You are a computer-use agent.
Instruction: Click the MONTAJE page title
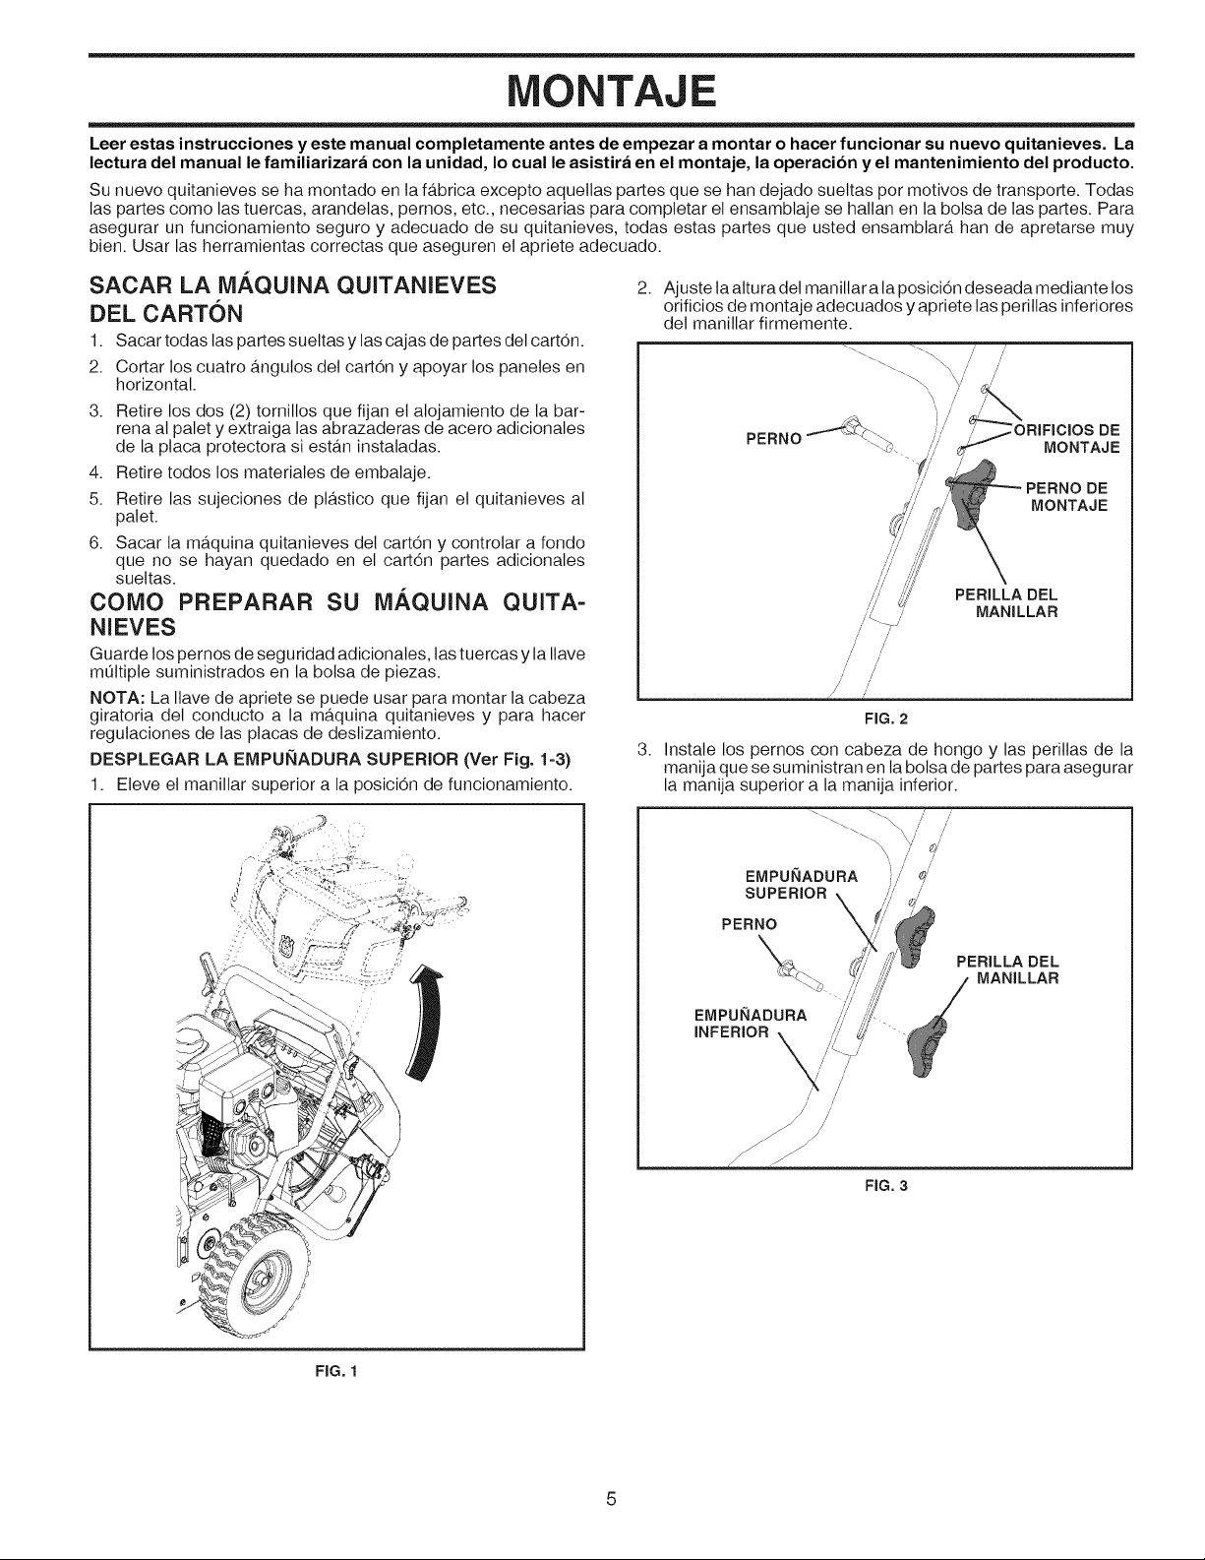pyautogui.click(x=611, y=91)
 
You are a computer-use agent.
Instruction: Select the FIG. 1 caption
pyautogui.click(x=335, y=1372)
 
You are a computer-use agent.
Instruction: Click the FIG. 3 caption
pyautogui.click(x=886, y=1186)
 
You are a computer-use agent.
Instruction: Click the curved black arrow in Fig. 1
pyautogui.click(x=426, y=1020)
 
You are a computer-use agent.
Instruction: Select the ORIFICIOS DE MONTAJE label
pyautogui.click(x=1066, y=439)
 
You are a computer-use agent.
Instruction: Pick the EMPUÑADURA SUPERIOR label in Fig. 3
pyautogui.click(x=801, y=885)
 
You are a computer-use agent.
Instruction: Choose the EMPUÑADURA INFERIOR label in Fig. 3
pyautogui.click(x=751, y=1024)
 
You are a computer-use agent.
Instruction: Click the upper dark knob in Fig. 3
pyautogui.click(x=914, y=935)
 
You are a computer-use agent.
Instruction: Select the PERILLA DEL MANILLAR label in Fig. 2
pyautogui.click(x=1006, y=603)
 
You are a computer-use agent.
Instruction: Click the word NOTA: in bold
pyautogui.click(x=118, y=698)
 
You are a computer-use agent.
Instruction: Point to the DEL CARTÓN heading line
pyautogui.click(x=165, y=313)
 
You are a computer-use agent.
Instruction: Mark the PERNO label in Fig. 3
pyautogui.click(x=749, y=924)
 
